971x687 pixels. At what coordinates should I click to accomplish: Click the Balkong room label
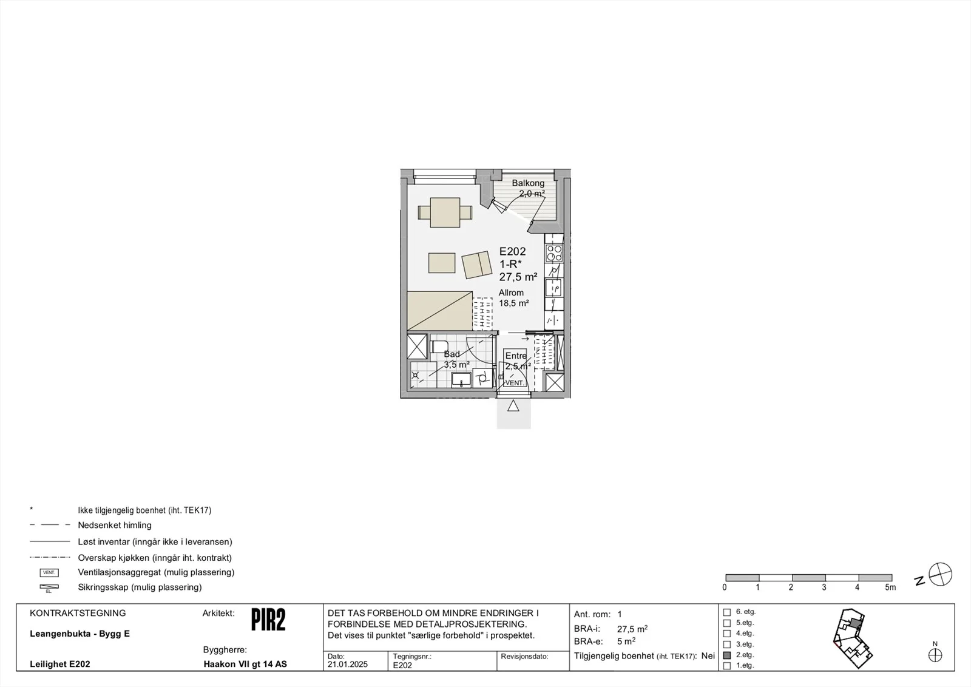click(528, 183)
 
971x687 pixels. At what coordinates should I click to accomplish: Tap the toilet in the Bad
click(439, 347)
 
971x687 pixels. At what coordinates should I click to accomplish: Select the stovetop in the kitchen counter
click(554, 253)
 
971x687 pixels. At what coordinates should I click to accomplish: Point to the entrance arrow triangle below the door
click(513, 405)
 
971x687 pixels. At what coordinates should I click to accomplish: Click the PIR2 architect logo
click(268, 620)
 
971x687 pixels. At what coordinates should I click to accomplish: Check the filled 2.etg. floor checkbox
click(727, 655)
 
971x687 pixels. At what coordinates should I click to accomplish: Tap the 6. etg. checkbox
click(727, 612)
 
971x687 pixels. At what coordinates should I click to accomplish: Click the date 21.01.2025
click(348, 665)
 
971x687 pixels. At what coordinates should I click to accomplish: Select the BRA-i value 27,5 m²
click(632, 629)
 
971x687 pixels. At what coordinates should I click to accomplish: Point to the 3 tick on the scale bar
click(824, 587)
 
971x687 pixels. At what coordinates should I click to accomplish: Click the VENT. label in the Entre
click(515, 383)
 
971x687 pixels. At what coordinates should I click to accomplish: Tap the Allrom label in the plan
click(511, 293)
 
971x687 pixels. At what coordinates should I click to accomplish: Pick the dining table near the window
click(445, 212)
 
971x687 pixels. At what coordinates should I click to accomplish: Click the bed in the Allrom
click(439, 310)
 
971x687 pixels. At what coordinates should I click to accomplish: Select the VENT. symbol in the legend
click(49, 572)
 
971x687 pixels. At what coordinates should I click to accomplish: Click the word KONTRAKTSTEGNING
click(78, 614)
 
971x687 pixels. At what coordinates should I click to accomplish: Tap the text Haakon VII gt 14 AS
click(245, 664)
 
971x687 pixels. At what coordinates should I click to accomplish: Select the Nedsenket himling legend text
click(115, 526)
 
